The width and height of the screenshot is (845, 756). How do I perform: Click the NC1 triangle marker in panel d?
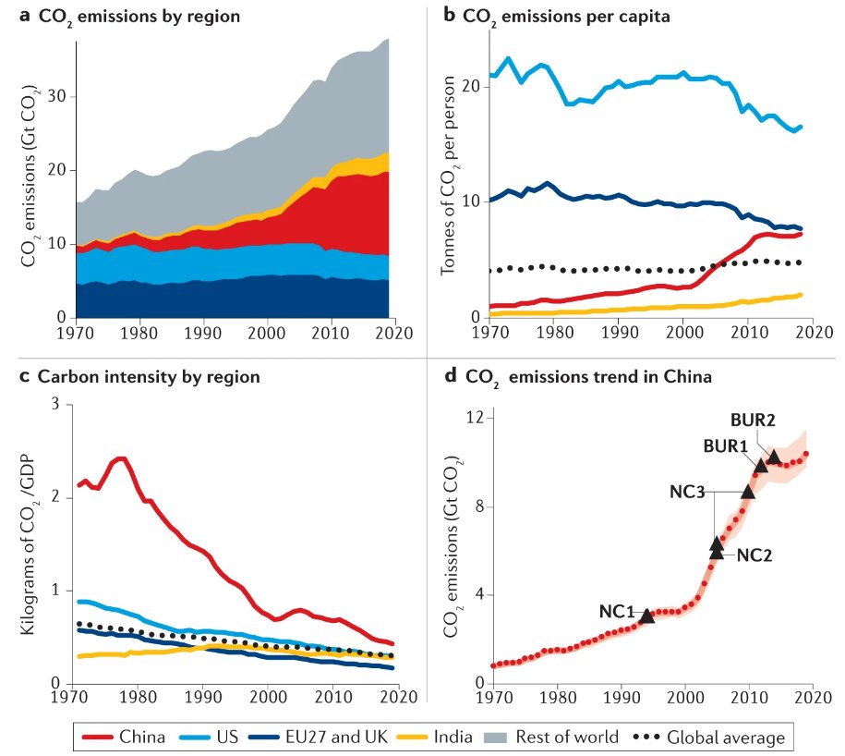(647, 616)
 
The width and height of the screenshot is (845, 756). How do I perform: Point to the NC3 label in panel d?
(689, 491)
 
